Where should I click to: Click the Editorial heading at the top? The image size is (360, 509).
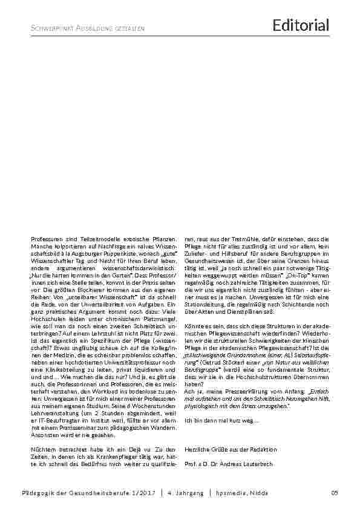pos(301,25)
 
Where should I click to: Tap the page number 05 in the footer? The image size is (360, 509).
pos(333,494)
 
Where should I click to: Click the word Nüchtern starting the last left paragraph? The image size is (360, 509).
pos(42,450)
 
